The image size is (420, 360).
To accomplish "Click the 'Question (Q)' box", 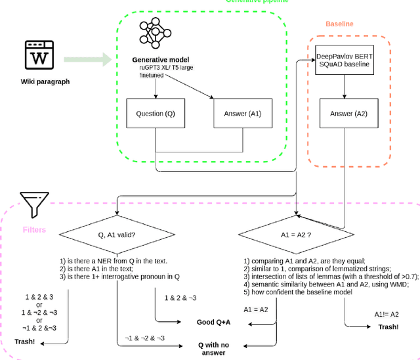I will click(x=156, y=113).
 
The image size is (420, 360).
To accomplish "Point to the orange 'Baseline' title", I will click(x=339, y=24).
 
